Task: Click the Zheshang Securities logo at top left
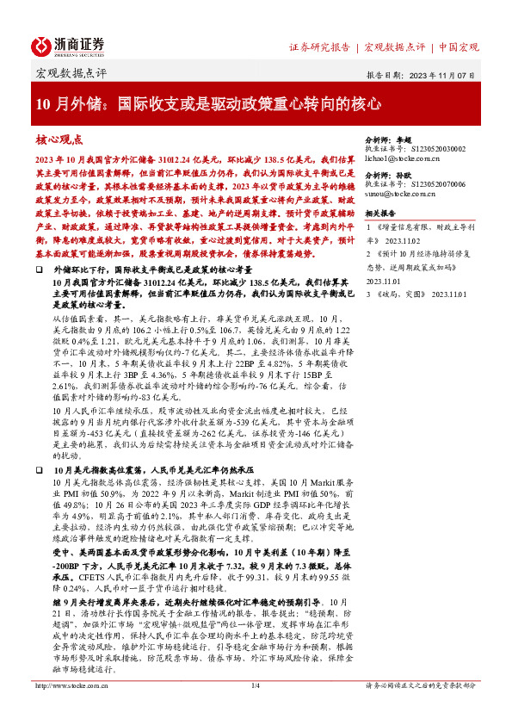(x=70, y=45)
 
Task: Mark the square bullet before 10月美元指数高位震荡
(x=40, y=472)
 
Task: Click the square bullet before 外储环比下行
(x=40, y=270)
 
